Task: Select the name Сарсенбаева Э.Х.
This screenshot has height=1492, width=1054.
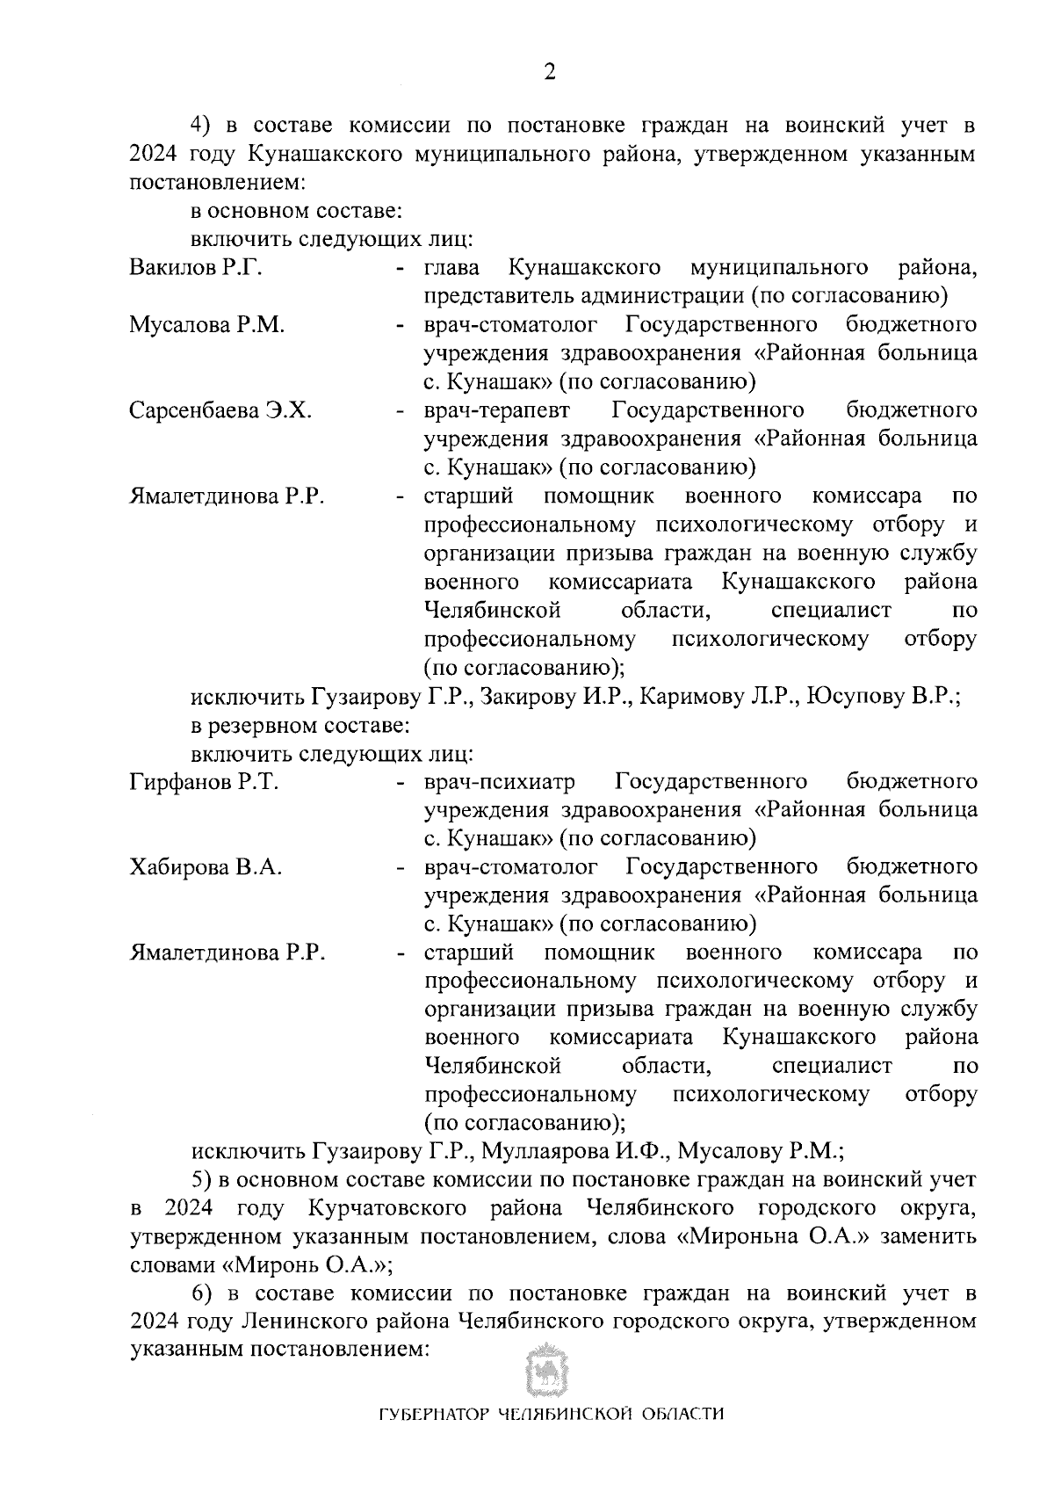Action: (220, 411)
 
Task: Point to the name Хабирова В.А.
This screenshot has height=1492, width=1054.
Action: (206, 868)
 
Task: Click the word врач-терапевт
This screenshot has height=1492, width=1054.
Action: (496, 411)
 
